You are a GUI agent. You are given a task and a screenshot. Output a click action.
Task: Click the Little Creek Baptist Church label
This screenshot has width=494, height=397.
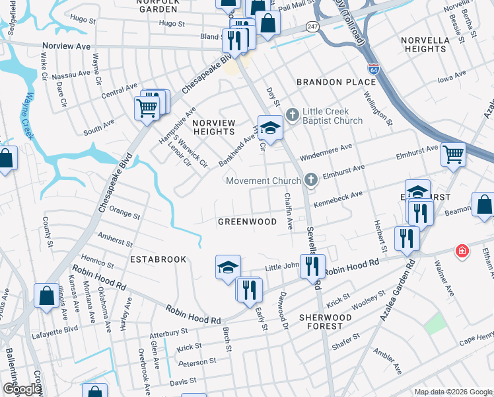click(x=332, y=116)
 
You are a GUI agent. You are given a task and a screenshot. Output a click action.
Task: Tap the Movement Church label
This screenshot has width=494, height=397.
click(x=264, y=181)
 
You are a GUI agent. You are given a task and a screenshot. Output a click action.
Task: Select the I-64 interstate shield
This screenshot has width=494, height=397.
click(x=374, y=68)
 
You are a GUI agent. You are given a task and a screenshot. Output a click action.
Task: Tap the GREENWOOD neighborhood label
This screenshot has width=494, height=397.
click(x=248, y=222)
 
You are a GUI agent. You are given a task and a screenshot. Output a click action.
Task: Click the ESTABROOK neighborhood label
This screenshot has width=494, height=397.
click(x=158, y=259)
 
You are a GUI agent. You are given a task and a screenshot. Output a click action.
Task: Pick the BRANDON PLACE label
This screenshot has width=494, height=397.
click(x=336, y=82)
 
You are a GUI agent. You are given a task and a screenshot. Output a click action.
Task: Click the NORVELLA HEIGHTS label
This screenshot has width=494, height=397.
click(x=424, y=44)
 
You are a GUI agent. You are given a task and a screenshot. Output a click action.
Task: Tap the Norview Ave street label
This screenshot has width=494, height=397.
click(x=65, y=47)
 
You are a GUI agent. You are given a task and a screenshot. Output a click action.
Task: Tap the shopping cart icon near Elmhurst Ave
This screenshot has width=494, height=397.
click(x=453, y=155)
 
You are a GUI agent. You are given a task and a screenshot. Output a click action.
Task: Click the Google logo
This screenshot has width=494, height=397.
click(x=22, y=389)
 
